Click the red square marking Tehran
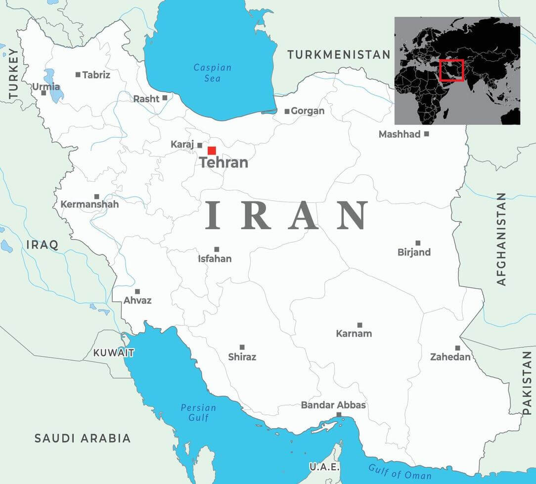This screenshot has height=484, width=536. point(212,151)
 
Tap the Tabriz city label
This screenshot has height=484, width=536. point(96,75)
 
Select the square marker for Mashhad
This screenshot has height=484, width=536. point(427,134)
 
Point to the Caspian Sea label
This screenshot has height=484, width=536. point(212,73)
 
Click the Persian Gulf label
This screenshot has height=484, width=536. point(198,412)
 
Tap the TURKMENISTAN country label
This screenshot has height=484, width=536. point(339,55)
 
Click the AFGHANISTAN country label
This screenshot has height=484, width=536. point(501,239)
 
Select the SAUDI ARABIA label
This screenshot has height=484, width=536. point(83,438)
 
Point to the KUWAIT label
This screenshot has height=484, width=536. point(114,353)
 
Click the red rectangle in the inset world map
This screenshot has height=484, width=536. point(451,70)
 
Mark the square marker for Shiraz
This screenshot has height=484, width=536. point(242,347)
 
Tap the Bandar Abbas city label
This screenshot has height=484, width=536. point(333,405)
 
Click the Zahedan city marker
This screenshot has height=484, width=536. point(457,348)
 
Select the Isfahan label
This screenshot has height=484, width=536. point(215,258)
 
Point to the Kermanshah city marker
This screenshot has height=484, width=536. point(96,197)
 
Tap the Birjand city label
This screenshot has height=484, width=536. point(414,252)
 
